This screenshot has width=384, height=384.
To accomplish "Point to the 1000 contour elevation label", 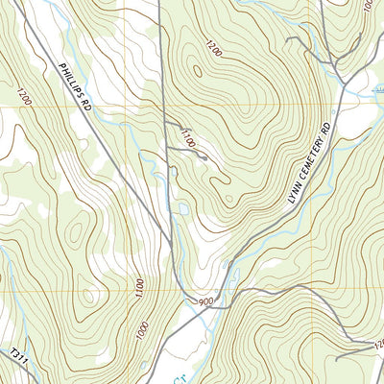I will (x=142, y=329).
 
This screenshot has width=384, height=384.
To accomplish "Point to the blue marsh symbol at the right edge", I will (x=374, y=90).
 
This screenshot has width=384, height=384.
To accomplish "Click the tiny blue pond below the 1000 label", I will (x=144, y=365).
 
